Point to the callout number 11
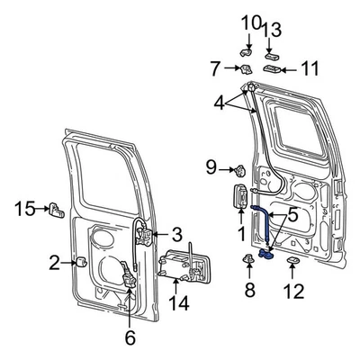click(x=310, y=67)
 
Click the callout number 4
click(x=220, y=104)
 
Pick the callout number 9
click(x=211, y=166)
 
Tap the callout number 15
click(x=24, y=209)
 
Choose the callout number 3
click(x=176, y=234)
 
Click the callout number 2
click(x=54, y=263)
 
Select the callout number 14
click(x=178, y=302)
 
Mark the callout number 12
click(x=293, y=290)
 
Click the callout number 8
click(x=250, y=290)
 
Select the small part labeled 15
click(x=57, y=211)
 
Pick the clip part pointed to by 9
click(x=240, y=169)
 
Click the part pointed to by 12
click(x=293, y=262)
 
